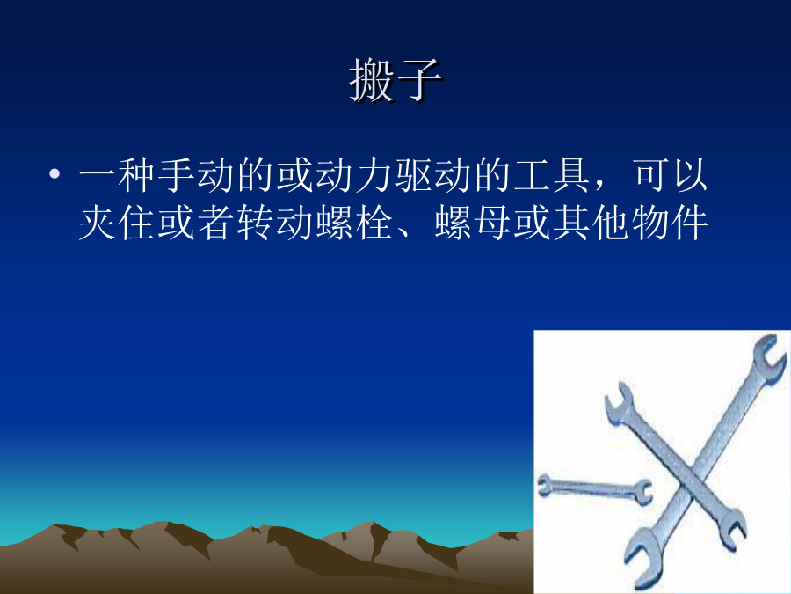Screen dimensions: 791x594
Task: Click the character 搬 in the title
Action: [371, 80]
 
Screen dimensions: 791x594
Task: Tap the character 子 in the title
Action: [418, 80]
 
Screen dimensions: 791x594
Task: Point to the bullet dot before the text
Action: [54, 174]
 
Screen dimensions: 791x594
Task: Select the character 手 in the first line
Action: [176, 175]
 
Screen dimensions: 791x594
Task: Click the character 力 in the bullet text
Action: [374, 175]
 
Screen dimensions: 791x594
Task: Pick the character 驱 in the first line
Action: [414, 175]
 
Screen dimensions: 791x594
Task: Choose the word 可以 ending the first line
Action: [671, 175]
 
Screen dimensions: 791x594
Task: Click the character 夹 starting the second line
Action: [98, 223]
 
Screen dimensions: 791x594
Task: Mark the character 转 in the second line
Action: [255, 223]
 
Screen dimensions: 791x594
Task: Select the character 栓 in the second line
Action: [374, 223]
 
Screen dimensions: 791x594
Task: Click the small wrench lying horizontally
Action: [594, 487]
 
